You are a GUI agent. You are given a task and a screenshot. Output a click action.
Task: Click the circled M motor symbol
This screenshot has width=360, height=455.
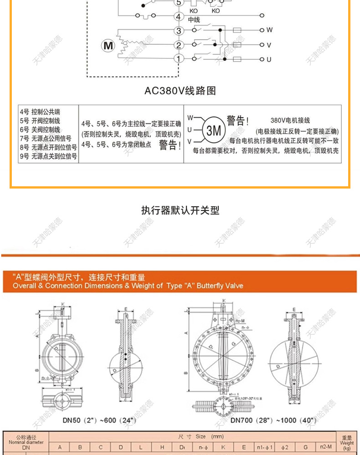click(108, 46)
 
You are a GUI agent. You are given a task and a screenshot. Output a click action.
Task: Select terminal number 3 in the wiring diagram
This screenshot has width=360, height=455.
click(179, 31)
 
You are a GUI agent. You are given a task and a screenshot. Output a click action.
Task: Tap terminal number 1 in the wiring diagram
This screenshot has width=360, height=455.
click(179, 59)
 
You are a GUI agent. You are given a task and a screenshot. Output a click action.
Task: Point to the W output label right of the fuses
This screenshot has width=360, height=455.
click(269, 30)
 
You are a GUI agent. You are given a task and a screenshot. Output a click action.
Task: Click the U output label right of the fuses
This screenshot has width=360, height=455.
click(269, 59)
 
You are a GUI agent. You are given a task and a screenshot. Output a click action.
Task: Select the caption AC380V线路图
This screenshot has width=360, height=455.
click(180, 91)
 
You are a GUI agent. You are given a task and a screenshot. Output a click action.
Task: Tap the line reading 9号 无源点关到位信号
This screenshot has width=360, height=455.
click(48, 156)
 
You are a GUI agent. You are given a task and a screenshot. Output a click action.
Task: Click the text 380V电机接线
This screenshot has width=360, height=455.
click(290, 121)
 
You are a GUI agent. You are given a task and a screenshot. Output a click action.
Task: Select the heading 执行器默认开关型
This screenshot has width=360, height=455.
click(180, 210)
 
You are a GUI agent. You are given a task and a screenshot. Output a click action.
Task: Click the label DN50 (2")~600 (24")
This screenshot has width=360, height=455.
click(99, 420)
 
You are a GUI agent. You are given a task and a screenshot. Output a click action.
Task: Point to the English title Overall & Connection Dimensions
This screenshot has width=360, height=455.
click(128, 286)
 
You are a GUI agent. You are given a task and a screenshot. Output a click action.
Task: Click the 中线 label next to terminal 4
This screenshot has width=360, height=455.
click(194, 20)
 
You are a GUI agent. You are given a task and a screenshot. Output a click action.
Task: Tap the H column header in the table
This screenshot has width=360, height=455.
click(162, 447)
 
